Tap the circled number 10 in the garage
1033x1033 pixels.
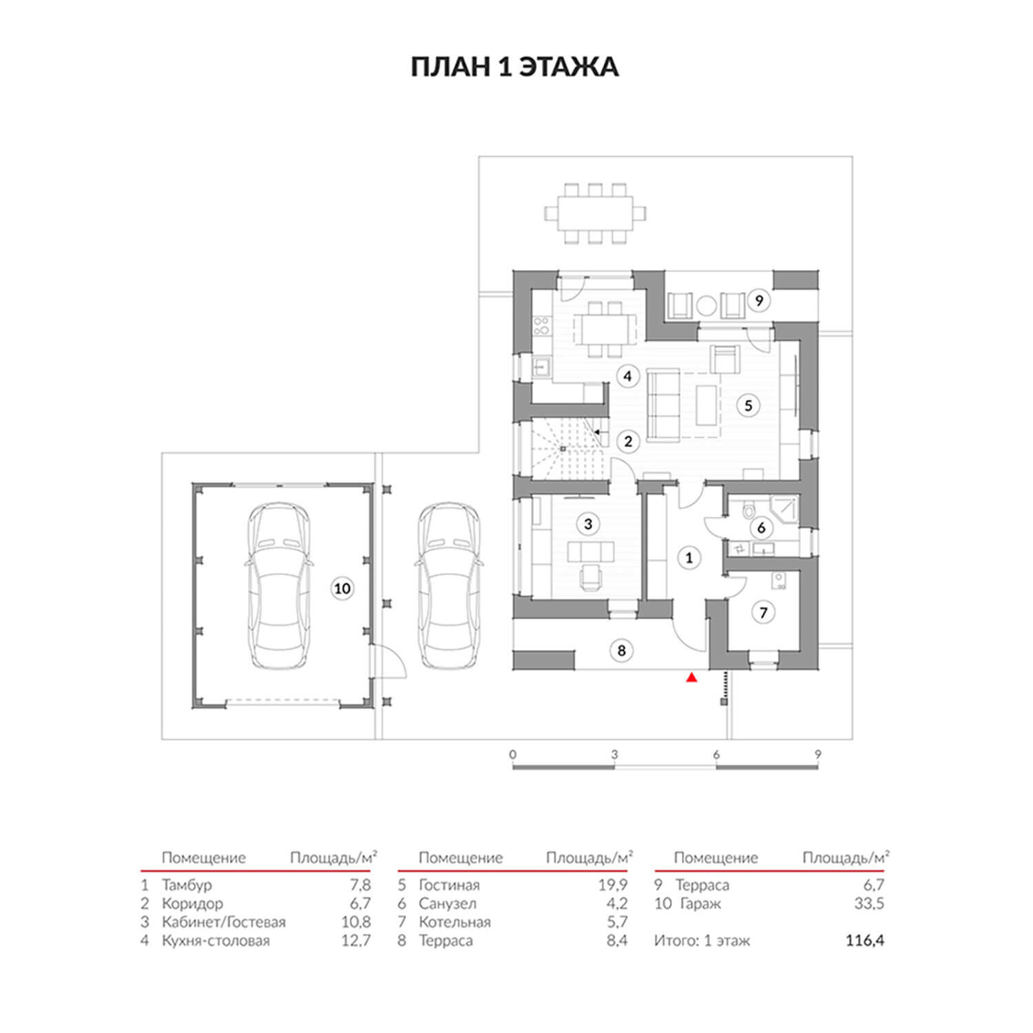tap(342, 589)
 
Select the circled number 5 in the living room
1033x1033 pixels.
tap(749, 405)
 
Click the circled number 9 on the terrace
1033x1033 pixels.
tap(759, 300)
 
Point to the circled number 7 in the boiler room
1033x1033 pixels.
tap(763, 612)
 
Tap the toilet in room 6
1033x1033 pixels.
tap(749, 511)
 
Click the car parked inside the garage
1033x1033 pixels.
tap(278, 585)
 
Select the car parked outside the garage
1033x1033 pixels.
tap(448, 585)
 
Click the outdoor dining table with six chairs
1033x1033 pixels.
tap(596, 213)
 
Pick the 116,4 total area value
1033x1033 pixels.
tap(865, 941)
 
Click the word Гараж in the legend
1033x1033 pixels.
tap(700, 904)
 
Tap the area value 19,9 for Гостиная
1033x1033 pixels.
tap(613, 885)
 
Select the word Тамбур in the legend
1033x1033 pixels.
tap(187, 885)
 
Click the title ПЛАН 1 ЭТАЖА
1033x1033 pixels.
tap(515, 67)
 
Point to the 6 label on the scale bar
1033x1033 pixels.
tap(716, 755)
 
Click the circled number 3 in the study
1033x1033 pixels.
tap(587, 524)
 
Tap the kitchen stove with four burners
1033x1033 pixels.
tap(541, 324)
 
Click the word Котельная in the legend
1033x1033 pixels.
tap(455, 922)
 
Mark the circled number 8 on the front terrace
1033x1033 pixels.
tap(621, 650)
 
